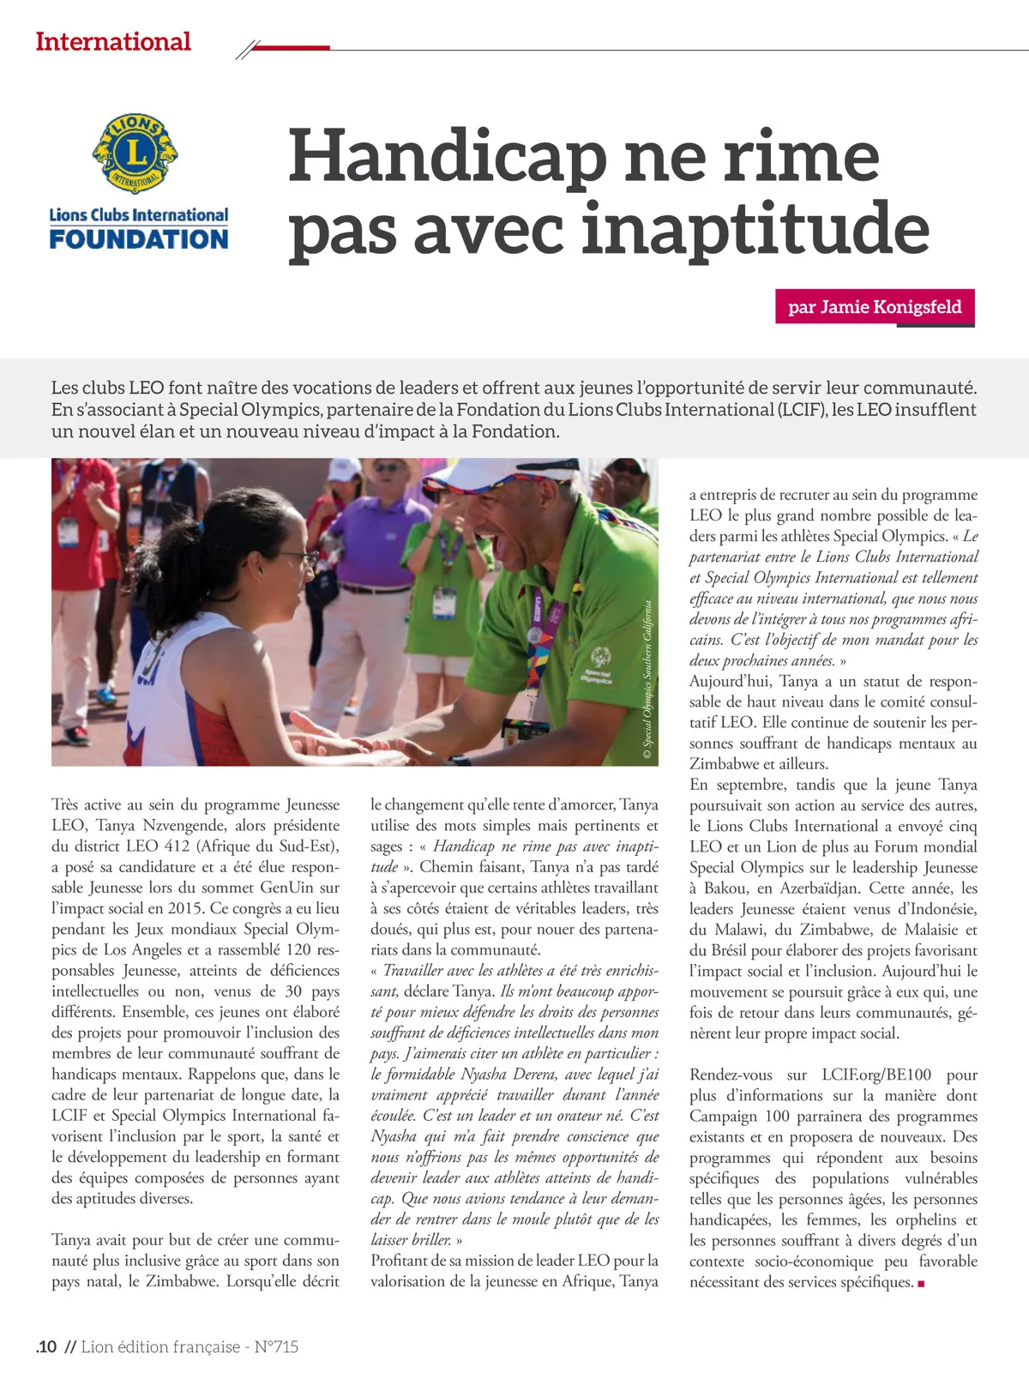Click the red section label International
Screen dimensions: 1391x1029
pos(113,41)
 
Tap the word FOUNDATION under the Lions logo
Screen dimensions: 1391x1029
pos(139,238)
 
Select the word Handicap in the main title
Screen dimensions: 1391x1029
pos(447,156)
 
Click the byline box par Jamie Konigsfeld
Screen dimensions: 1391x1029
pos(875,307)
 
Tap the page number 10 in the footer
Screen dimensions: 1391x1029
pos(47,1346)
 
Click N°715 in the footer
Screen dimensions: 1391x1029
pos(276,1346)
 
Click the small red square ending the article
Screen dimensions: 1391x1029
pos(922,1284)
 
